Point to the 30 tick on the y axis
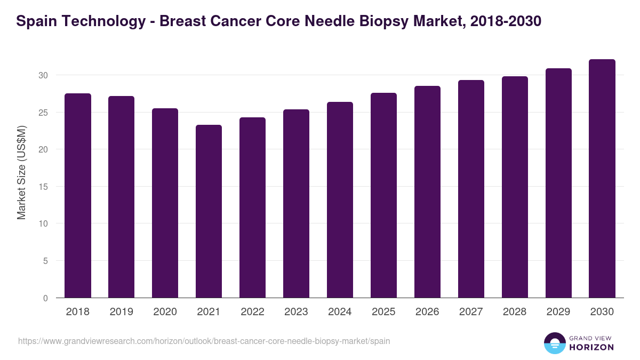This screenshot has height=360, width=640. pos(43,75)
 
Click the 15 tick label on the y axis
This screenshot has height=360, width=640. pos(43,187)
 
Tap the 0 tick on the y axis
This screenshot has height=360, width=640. pos(45,298)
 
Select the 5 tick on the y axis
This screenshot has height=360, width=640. pos(45,261)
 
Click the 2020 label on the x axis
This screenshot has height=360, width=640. pos(165,312)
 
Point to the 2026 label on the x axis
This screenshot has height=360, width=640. pos(427,312)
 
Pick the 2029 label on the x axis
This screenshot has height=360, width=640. pos(558,312)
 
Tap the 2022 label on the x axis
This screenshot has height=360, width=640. pos(252,312)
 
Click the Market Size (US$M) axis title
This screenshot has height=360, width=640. pos(21,172)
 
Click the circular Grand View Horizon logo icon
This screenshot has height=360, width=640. pos(555,343)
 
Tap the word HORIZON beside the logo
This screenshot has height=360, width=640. pos(591,347)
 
